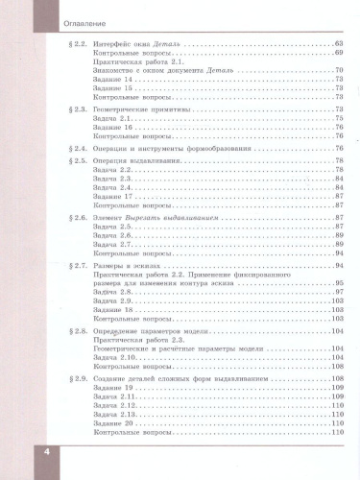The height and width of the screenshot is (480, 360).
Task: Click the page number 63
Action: pos(337,45)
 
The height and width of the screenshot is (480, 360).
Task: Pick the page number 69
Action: pos(337,54)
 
